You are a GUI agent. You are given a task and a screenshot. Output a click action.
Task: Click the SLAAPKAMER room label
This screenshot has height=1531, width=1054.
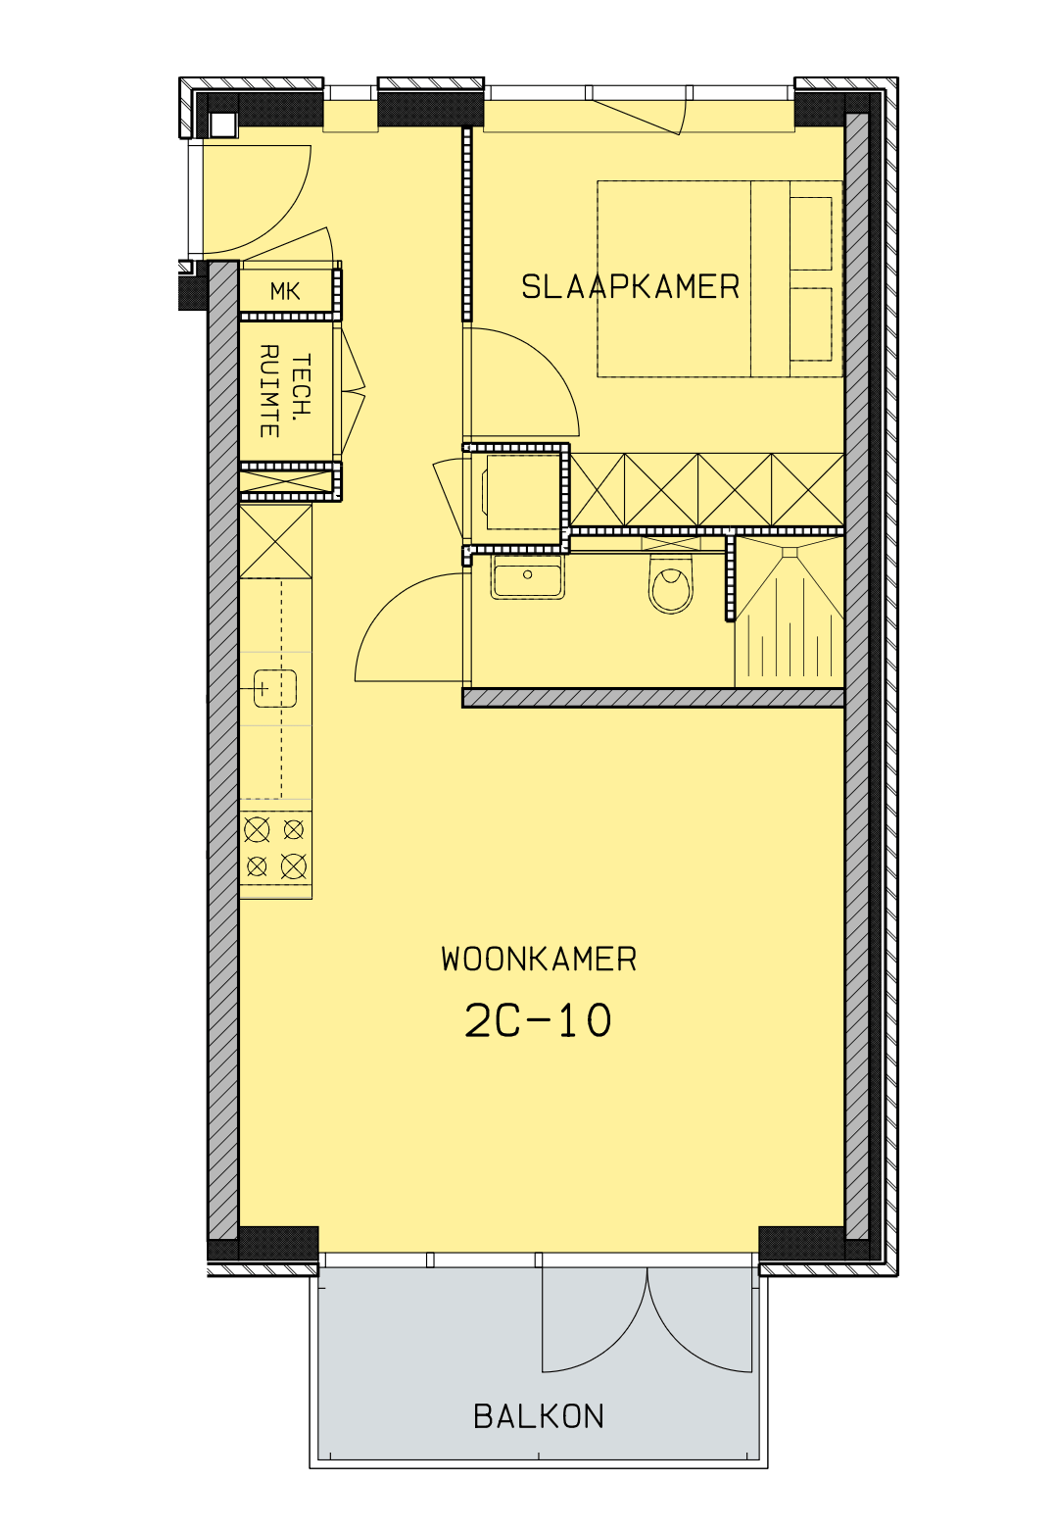(x=630, y=287)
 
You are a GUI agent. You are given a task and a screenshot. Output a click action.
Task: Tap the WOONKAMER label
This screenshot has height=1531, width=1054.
(x=539, y=959)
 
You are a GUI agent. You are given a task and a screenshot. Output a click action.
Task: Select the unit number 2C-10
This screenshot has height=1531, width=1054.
(x=538, y=1021)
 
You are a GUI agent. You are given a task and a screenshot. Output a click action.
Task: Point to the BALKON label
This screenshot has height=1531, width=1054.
(x=539, y=1417)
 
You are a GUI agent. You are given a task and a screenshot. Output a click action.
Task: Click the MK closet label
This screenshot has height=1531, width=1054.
(x=285, y=292)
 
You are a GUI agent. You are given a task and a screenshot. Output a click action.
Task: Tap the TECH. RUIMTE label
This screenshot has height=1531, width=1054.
(x=285, y=391)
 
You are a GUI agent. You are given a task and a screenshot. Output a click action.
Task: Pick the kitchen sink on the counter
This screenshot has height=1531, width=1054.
(x=274, y=688)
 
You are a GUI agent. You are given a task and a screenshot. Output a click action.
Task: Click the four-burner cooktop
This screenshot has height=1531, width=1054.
(x=275, y=849)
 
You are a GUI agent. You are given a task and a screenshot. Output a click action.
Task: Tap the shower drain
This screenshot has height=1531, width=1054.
(x=790, y=552)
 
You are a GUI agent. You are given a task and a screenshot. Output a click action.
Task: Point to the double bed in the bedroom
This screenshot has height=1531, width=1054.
(x=719, y=279)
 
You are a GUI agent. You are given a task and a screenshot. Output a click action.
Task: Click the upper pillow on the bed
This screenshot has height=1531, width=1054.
(x=811, y=233)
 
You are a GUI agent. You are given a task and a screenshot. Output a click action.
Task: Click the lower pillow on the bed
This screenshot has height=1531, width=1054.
(x=811, y=324)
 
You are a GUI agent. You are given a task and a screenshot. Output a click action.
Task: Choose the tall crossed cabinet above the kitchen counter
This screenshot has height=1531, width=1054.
(x=275, y=541)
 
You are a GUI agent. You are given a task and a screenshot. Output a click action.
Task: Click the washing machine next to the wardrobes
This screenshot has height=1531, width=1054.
(x=522, y=491)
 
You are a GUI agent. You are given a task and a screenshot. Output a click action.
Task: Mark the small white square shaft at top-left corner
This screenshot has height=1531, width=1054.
(x=222, y=125)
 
